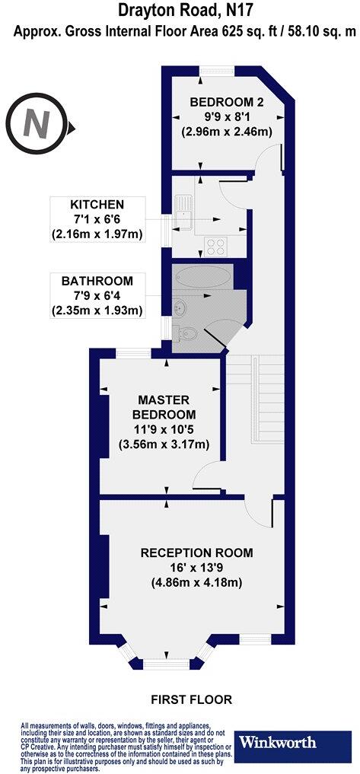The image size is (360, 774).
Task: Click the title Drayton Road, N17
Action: point(180,11)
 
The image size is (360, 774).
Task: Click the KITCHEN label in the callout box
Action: point(97,205)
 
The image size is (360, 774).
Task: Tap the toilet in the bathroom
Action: point(188,333)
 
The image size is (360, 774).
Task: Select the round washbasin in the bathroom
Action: point(180,307)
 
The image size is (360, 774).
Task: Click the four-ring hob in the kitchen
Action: point(216,246)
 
